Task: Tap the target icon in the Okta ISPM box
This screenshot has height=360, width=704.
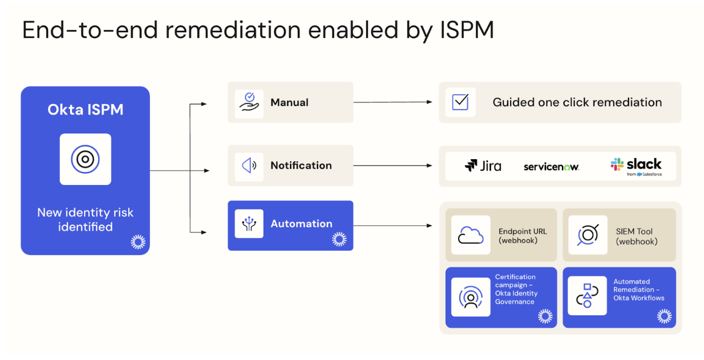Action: tap(85, 159)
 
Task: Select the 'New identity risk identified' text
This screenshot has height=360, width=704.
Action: tap(85, 219)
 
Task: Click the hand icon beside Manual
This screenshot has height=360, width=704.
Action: tap(249, 102)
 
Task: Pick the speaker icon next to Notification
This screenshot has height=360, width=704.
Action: tap(249, 165)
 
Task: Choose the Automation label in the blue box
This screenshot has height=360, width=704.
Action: tap(301, 223)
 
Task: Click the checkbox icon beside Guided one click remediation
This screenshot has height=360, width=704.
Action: tap(460, 102)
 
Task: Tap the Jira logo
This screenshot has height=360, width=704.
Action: tap(482, 166)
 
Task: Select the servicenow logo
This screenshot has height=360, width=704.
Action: tap(551, 166)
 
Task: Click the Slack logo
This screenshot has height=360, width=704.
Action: tap(636, 165)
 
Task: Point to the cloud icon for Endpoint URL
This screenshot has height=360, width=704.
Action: tap(471, 235)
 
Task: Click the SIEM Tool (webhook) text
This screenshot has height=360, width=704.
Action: tap(636, 236)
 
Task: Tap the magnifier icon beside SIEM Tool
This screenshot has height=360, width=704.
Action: tap(587, 235)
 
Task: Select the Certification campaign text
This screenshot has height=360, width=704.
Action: tap(516, 289)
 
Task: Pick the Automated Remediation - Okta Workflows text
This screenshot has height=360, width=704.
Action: tap(639, 289)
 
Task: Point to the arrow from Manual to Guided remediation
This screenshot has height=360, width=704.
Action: tap(393, 102)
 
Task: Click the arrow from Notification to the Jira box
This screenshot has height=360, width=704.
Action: tap(393, 165)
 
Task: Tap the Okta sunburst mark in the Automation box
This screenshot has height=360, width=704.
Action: tap(339, 239)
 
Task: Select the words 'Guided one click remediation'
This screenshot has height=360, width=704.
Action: tap(577, 102)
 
